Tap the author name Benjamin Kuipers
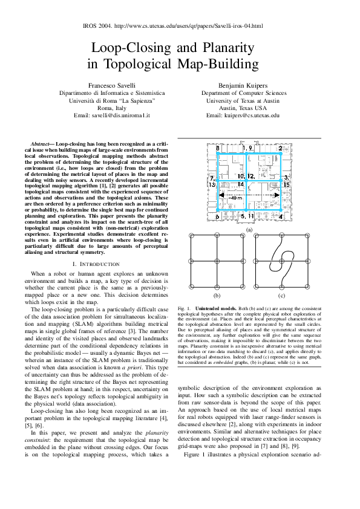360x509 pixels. tap(243, 86)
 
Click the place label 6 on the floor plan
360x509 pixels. tap(217, 216)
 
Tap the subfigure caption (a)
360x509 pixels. tap(249, 230)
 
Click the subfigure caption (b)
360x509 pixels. tap(217, 296)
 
